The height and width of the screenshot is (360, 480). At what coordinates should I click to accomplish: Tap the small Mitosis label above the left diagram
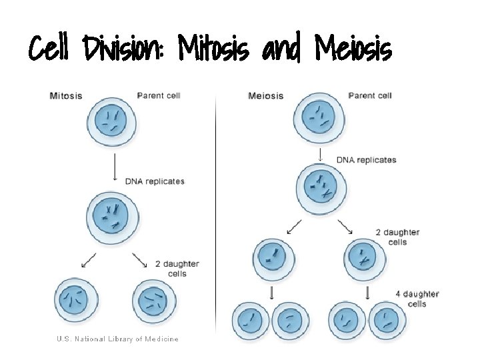(66, 95)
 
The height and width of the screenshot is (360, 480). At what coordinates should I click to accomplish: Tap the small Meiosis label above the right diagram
(265, 95)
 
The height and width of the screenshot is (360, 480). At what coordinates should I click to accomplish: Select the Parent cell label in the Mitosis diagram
(159, 95)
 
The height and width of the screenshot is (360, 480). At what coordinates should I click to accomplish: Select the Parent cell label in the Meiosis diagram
(370, 95)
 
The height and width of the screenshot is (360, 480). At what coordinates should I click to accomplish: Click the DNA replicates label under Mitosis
(155, 181)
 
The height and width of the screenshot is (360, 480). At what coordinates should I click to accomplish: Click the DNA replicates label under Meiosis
(366, 160)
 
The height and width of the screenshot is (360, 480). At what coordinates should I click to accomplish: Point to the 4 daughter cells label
(417, 299)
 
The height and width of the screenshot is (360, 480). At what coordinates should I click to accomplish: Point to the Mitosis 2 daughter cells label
(177, 269)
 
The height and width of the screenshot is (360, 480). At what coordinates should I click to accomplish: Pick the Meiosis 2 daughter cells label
(397, 237)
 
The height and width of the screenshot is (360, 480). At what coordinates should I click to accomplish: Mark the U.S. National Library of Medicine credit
(117, 339)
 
